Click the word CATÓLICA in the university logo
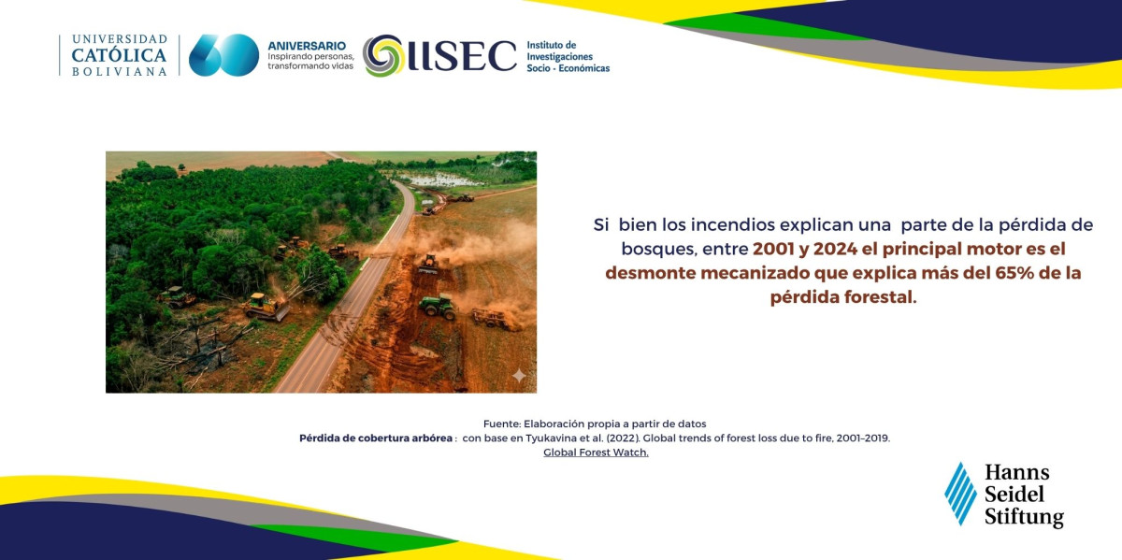point(119,55)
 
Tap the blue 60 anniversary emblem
point(223,55)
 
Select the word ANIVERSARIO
point(307,46)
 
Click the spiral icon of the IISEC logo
point(383,55)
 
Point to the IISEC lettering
point(462,55)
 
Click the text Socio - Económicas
point(568,68)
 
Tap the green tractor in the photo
point(438,306)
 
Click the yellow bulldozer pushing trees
point(266,307)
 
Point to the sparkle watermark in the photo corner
point(519,375)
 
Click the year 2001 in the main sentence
point(773,249)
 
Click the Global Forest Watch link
point(597,452)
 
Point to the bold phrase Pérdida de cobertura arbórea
point(376,438)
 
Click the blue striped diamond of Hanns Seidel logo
point(961,494)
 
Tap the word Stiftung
point(1024,517)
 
